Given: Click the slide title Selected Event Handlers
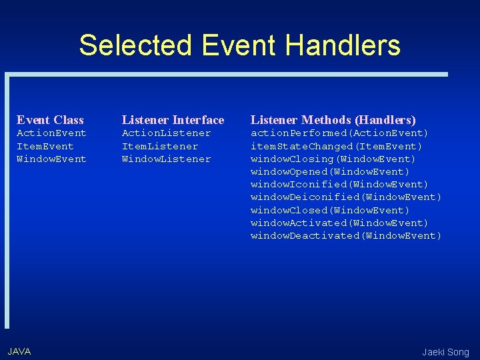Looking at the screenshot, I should tap(239, 45).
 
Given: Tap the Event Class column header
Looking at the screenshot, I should tap(50, 120).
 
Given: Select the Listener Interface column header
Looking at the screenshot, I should tap(173, 120).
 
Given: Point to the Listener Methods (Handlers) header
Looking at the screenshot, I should tap(333, 120).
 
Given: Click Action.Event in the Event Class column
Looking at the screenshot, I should tap(51, 133).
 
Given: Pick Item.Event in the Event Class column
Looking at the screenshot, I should tap(45, 146).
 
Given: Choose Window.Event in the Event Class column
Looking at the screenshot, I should tap(51, 159).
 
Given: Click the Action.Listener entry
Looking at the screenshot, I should tap(166, 133).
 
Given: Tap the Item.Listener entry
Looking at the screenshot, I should tap(159, 146).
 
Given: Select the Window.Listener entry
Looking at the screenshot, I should tap(166, 159).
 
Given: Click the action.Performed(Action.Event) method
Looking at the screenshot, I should tap(339, 133).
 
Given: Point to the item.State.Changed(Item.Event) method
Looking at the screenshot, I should tap(336, 146).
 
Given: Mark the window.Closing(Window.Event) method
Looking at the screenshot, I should tap(333, 159).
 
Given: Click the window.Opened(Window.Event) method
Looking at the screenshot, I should tap(330, 171).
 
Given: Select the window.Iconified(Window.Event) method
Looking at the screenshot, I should tap(339, 184).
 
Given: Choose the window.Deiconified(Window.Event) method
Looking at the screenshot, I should tap(346, 197).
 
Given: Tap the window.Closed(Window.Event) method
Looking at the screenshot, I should tap(330, 210).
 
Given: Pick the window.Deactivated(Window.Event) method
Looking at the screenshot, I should tap(346, 235).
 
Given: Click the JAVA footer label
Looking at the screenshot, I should tap(19, 351).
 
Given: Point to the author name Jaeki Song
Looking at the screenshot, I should tap(445, 352).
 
